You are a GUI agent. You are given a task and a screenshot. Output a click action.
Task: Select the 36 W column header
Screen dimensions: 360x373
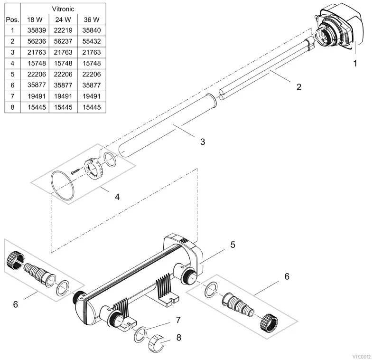(x=92, y=19)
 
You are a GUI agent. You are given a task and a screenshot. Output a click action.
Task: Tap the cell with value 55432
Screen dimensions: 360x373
(x=92, y=41)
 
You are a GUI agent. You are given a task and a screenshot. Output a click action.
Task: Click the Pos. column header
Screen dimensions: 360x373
(x=11, y=19)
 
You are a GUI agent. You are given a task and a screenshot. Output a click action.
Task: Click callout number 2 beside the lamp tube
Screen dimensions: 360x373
(x=298, y=87)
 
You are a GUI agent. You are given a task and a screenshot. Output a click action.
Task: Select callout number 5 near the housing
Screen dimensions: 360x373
(x=233, y=245)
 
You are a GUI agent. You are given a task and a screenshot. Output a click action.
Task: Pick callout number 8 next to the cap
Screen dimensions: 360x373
(x=178, y=338)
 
